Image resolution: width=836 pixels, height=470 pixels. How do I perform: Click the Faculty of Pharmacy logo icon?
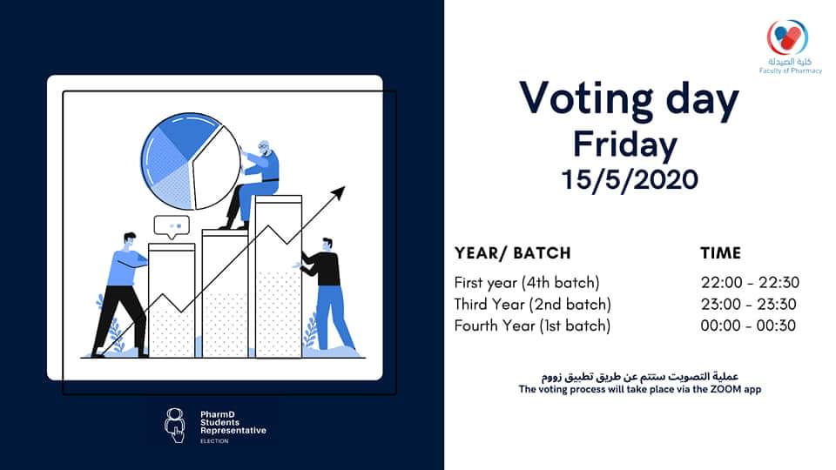[x=787, y=37]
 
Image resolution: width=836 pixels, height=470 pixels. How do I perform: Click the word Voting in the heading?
[x=586, y=99]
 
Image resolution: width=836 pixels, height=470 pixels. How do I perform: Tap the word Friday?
[x=625, y=144]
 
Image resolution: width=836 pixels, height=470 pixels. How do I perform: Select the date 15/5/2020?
[x=630, y=179]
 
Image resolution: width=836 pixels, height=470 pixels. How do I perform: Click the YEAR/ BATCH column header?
[x=512, y=253]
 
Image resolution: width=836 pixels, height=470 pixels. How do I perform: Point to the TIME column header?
[x=721, y=253]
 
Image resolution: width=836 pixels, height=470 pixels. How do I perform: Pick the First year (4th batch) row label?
[x=527, y=282]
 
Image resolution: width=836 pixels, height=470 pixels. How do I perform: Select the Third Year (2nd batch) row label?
[x=533, y=305]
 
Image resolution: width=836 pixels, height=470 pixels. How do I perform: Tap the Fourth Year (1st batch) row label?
[x=532, y=326]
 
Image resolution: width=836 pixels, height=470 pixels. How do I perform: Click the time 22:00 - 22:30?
[x=750, y=282]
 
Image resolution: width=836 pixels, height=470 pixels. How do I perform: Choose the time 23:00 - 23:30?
[x=749, y=305]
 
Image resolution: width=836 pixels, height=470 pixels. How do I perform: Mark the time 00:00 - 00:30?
[x=748, y=326]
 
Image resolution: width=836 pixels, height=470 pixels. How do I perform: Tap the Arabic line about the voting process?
[x=640, y=377]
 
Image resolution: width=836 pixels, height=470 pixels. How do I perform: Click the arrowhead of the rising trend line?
[x=339, y=193]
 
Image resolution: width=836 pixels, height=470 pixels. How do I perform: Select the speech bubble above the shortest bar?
[x=172, y=227]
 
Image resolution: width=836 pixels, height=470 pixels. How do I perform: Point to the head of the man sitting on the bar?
[x=264, y=148]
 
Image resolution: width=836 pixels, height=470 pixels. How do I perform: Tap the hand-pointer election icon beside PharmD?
[x=175, y=426]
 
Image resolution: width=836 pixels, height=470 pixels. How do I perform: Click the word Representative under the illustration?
[x=233, y=431]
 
